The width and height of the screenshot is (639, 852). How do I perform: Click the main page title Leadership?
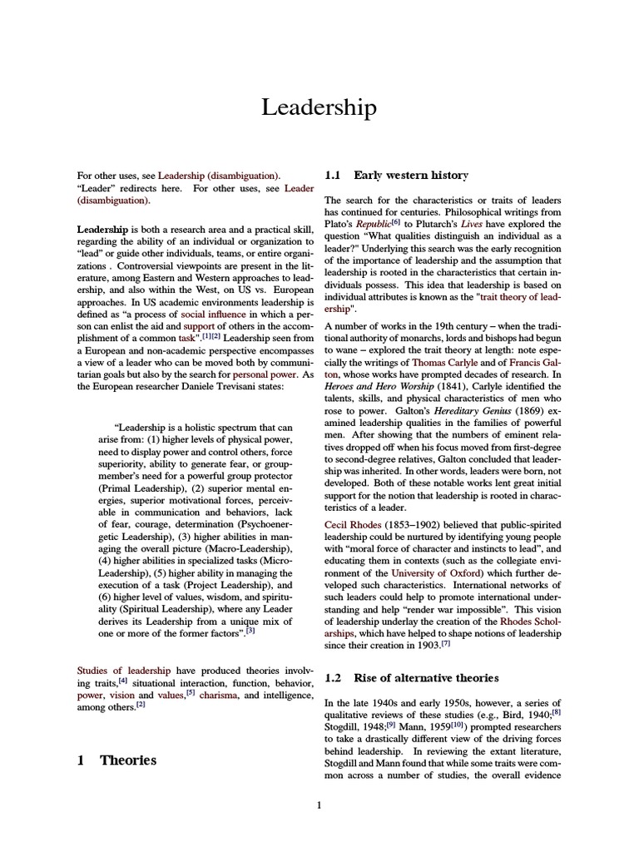click(x=319, y=107)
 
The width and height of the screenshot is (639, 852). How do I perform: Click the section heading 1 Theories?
click(x=116, y=760)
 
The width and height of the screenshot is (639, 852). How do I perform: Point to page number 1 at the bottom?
click(x=319, y=805)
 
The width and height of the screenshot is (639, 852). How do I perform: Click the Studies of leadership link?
click(x=123, y=670)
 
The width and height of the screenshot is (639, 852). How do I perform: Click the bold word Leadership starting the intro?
click(x=102, y=229)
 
